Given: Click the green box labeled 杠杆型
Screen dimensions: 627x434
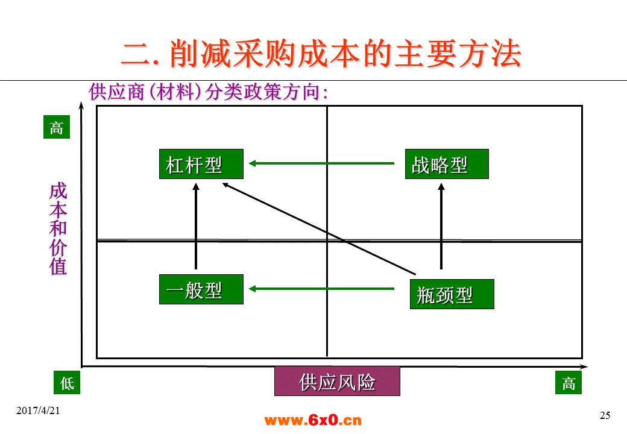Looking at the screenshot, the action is coord(201,164).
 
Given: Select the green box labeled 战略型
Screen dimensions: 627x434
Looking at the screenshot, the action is coord(447,164).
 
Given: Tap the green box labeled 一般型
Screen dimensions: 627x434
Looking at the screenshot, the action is coord(201,289).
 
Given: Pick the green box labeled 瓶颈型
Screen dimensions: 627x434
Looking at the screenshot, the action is coord(452,294).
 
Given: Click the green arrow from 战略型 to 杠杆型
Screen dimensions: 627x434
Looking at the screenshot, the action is coord(321,163).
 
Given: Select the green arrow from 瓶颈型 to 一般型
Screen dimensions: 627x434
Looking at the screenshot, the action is coord(321,289).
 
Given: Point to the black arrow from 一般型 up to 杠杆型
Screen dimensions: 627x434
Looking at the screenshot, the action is coord(196,226).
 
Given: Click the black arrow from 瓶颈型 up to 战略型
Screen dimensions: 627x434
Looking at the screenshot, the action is coord(441,226).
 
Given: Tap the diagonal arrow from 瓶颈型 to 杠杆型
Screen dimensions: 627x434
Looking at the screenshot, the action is coord(319,229).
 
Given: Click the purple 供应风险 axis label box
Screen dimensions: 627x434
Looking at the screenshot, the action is coord(337,381).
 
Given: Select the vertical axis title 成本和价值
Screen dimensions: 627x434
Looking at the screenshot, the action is coord(58,229).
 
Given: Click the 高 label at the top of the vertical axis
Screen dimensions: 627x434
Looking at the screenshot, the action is coord(57,127).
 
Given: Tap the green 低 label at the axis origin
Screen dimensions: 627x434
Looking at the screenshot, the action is coord(67,382).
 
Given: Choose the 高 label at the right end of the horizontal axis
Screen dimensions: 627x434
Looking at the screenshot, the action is coord(568,382).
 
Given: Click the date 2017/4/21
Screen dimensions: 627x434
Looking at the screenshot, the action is coord(38,410).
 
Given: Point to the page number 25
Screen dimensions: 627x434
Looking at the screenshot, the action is coord(605,415).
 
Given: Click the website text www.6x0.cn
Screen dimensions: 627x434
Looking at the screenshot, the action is coord(313,420).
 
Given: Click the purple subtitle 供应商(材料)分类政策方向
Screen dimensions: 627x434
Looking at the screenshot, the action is coord(209,92).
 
